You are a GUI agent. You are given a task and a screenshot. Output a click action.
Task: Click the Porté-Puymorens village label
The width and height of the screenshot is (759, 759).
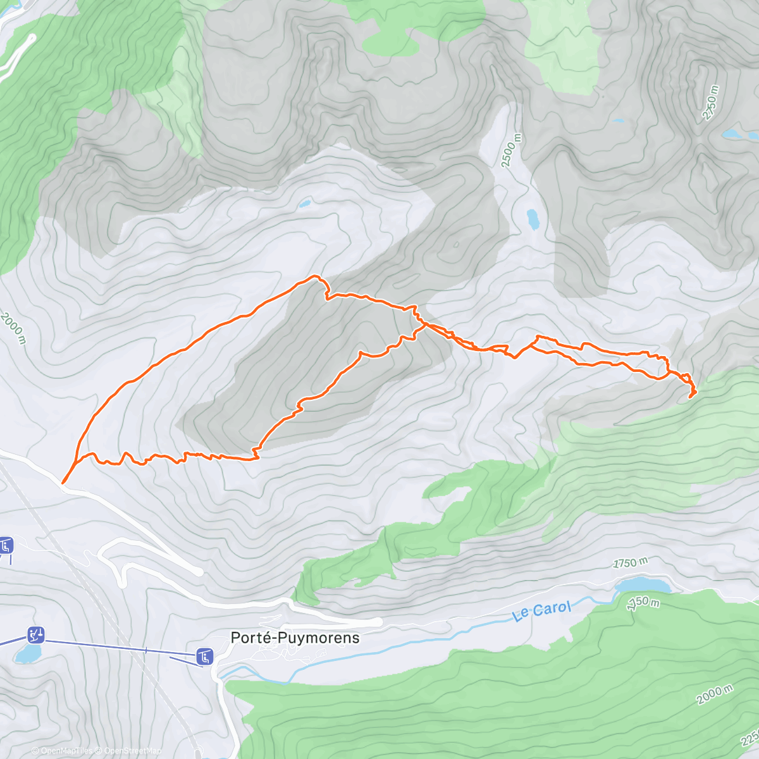(x=295, y=638)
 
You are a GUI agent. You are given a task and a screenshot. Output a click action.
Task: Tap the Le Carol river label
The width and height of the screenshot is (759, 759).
(x=542, y=611)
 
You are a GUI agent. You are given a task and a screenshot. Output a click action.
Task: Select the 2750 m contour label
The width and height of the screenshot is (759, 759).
(x=711, y=102)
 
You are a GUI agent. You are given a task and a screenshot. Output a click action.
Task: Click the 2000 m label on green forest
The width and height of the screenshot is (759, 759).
(x=715, y=694)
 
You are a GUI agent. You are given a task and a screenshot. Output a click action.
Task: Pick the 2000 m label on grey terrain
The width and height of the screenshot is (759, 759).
(x=13, y=328)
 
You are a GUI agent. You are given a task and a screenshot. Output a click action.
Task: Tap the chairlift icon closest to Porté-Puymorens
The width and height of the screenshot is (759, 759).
(x=204, y=657)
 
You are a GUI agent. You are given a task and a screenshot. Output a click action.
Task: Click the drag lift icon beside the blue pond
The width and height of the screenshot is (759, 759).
(x=36, y=634)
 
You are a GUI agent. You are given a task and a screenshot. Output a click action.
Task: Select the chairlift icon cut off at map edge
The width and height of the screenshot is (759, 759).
(x=6, y=545)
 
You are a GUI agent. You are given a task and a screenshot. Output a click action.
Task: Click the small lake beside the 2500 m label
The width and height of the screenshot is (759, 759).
(x=533, y=219)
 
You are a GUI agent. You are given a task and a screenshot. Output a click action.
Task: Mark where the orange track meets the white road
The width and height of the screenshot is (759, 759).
(x=63, y=483)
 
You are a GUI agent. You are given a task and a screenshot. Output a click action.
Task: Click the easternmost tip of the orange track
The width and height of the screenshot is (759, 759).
(x=695, y=392)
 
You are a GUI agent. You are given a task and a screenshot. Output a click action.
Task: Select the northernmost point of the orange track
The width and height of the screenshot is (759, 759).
(x=313, y=276)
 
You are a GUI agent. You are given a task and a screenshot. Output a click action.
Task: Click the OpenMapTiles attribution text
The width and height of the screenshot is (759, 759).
(x=65, y=751)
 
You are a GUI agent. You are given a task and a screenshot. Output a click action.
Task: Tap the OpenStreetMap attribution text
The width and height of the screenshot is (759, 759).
(x=132, y=751)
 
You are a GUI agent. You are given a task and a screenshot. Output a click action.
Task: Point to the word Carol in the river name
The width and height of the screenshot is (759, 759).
(x=552, y=610)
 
